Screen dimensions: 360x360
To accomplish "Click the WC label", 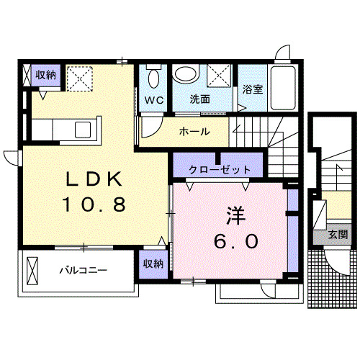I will [153, 99].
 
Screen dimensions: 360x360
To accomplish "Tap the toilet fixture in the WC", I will [153, 77].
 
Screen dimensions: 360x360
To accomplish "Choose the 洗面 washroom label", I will [200, 99].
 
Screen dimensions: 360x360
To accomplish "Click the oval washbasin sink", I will [186, 75].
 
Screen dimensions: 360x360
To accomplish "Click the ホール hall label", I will [194, 132].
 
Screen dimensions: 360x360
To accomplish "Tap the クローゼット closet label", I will [220, 169].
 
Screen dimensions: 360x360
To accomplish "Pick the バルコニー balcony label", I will [83, 271].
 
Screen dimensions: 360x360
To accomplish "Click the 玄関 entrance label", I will [338, 234].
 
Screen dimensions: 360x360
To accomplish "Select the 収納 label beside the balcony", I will [152, 264].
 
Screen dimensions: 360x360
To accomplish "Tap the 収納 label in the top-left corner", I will [46, 74].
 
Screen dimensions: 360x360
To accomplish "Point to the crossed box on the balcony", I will [33, 271].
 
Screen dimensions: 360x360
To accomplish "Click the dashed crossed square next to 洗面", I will [219, 76].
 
